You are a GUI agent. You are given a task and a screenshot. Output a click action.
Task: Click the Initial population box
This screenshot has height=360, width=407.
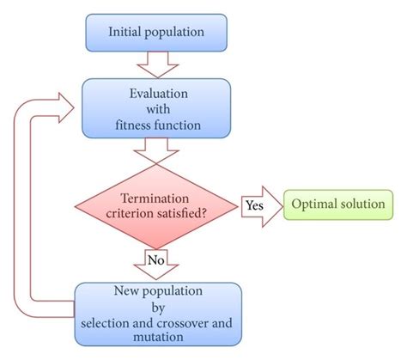tap(155, 33)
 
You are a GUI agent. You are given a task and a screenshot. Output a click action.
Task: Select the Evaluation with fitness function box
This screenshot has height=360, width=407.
tap(155, 108)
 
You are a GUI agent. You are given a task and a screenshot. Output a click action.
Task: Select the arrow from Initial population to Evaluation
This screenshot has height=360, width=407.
tap(155, 63)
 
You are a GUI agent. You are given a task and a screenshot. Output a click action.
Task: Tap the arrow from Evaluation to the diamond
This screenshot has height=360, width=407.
tap(156, 150)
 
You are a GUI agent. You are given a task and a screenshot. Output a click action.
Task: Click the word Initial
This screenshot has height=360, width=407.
tap(125, 33)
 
